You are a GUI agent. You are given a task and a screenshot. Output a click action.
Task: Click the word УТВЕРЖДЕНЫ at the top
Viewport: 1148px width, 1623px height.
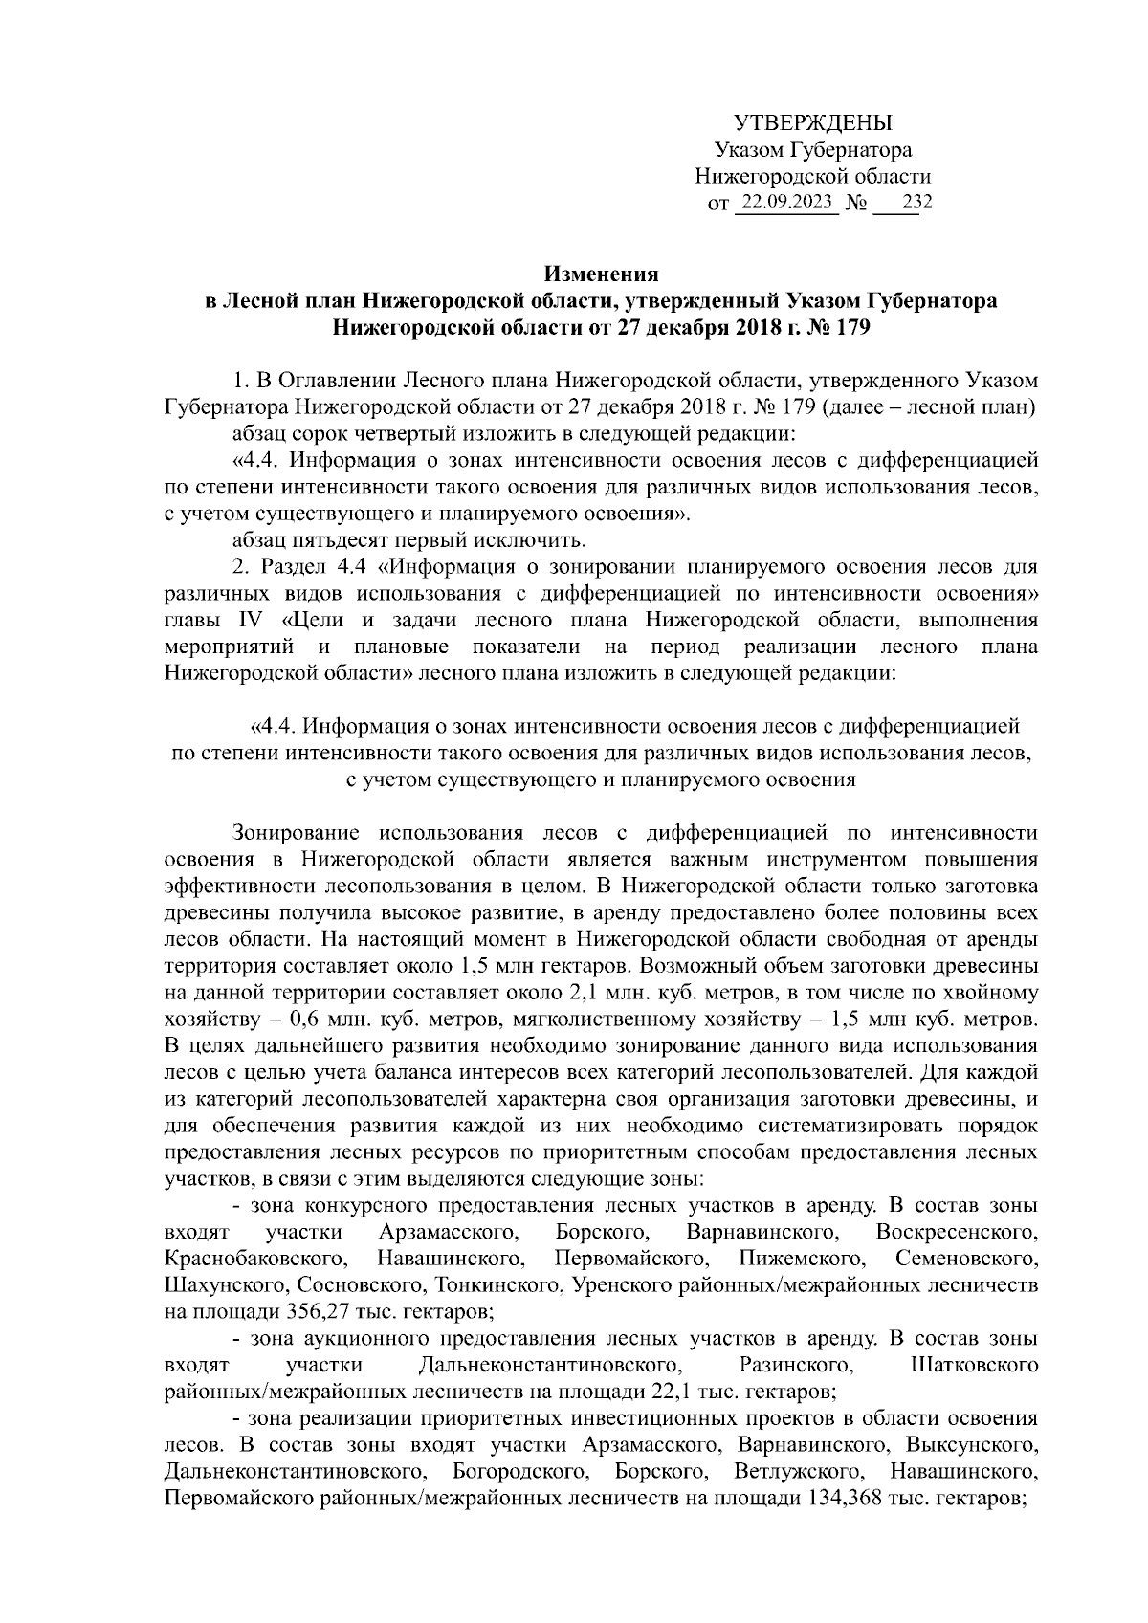click(x=812, y=123)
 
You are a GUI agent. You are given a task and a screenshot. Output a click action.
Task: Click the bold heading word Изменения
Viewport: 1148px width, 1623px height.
click(x=602, y=274)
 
